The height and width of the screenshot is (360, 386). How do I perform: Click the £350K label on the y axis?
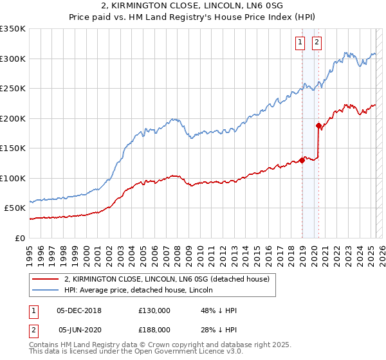13,29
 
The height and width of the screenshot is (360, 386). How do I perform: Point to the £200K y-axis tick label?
13,118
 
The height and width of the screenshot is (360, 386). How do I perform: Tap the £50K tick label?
15,208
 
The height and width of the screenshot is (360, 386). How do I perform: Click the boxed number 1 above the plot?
300,43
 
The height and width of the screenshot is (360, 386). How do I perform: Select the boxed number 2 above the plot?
318,43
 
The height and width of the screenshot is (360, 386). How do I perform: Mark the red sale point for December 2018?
302,161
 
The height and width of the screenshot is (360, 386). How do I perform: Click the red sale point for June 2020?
318,126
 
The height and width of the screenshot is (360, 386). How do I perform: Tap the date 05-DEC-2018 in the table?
79,310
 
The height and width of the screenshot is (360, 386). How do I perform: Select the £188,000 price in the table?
154,329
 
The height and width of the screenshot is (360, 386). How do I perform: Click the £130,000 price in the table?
154,310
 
